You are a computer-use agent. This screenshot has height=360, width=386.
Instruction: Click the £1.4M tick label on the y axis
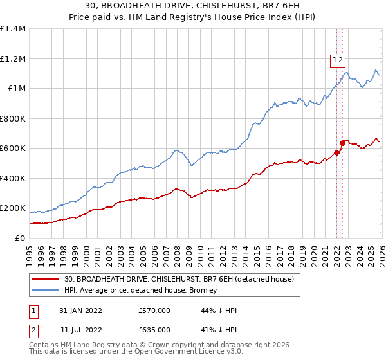[13, 29]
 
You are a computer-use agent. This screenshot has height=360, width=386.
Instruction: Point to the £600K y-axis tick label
[13, 148]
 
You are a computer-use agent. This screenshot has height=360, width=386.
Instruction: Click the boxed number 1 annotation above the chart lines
[335, 60]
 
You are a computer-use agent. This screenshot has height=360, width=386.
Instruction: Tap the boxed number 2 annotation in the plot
[342, 60]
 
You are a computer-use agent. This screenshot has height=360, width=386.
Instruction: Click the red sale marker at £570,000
[336, 153]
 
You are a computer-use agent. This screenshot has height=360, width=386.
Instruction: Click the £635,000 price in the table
[154, 330]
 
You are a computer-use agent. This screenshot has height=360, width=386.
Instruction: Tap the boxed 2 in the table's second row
[32, 330]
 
